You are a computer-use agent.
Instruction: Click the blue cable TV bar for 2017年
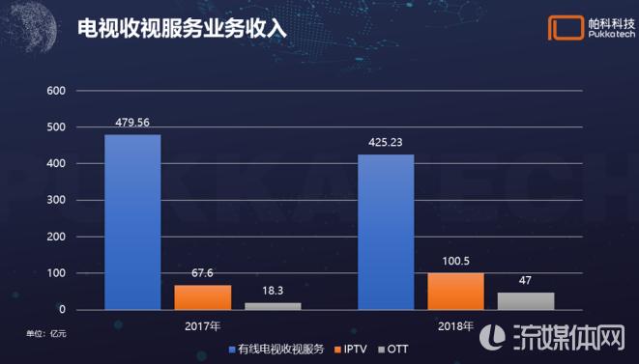[x=132, y=222]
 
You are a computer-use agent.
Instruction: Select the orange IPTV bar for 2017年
[x=203, y=297]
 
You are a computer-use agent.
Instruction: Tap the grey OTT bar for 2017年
[x=273, y=306]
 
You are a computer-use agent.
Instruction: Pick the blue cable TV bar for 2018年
[x=386, y=232]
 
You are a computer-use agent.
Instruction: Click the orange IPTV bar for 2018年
[x=455, y=292]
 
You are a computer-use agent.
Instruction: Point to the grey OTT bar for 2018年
[x=526, y=301]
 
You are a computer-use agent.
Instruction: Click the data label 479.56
[x=132, y=124]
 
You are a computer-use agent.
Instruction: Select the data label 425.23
[x=386, y=143]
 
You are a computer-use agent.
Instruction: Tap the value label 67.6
[x=203, y=274]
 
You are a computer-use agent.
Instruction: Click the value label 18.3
[x=273, y=292]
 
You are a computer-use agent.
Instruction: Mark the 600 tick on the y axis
[x=55, y=91]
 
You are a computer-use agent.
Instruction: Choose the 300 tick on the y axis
[x=55, y=201]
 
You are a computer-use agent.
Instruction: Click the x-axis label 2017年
[x=203, y=326]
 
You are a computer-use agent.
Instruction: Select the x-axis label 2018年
[x=455, y=326]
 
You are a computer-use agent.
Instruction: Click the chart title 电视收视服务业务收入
[x=183, y=28]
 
